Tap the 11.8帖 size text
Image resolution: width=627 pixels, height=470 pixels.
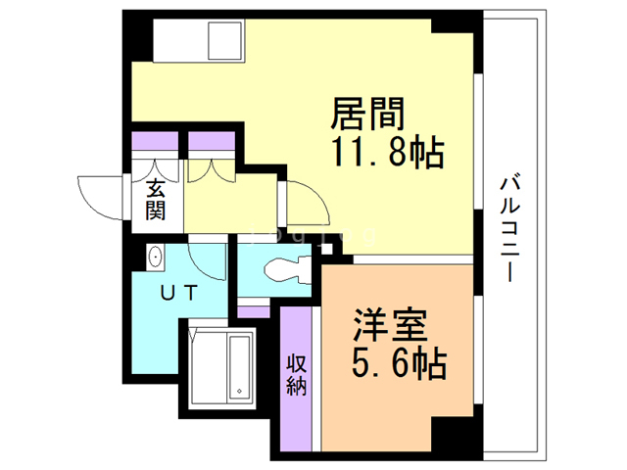[x=378, y=154]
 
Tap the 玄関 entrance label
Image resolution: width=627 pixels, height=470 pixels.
[x=157, y=200]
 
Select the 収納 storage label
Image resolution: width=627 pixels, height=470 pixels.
[x=297, y=375]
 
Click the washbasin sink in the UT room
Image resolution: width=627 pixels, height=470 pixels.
[x=156, y=258]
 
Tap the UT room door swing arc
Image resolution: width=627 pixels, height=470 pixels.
[x=207, y=258]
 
